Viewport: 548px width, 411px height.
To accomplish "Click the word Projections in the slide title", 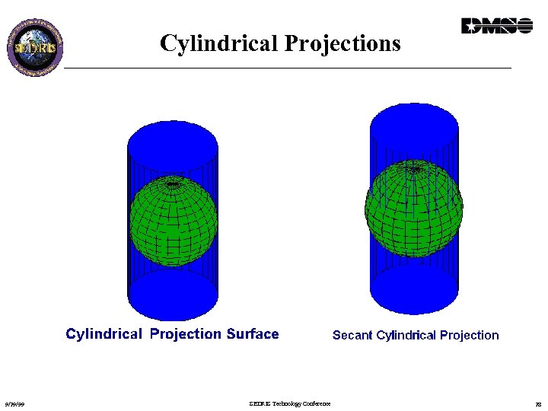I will pos(342,44).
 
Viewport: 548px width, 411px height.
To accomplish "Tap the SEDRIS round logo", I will pos(35,45).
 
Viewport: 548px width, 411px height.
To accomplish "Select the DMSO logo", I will pos(496,27).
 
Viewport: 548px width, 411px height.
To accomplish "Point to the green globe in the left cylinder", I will pos(174,221).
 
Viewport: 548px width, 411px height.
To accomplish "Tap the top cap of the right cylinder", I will pos(414,123).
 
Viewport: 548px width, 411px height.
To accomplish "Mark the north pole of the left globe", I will pos(174,184).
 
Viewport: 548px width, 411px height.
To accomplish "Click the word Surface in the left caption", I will pos(253,334).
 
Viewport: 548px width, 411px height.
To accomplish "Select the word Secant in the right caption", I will pos(352,336).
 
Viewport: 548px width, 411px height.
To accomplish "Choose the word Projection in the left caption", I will pos(186,334).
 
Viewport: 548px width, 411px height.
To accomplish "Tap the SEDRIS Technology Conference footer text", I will pos(290,403).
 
